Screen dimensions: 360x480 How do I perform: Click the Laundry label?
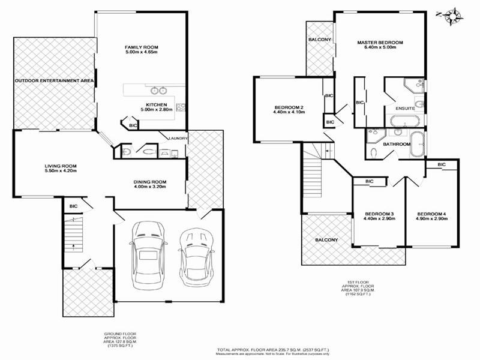pyautogui.click(x=179, y=139)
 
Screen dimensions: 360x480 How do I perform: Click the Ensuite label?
pyautogui.click(x=406, y=109)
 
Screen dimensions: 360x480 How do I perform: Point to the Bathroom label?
pyautogui.click(x=397, y=144)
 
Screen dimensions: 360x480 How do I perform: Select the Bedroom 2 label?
pyautogui.click(x=289, y=110)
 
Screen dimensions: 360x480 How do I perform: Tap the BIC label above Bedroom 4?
pyautogui.click(x=442, y=164)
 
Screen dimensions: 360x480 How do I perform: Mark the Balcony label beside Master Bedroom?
pyautogui.click(x=320, y=40)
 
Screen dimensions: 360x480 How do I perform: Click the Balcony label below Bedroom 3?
pyautogui.click(x=326, y=240)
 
